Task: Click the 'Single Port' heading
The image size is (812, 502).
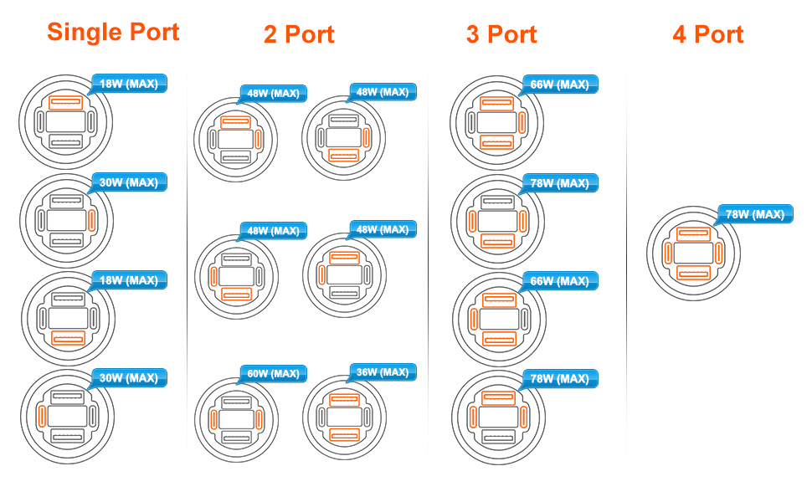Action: point(113,32)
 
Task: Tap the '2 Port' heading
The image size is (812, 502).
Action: point(299,34)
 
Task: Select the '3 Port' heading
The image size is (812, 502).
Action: point(501,34)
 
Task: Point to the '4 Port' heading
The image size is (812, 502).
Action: point(707,34)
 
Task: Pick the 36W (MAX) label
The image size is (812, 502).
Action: point(381,371)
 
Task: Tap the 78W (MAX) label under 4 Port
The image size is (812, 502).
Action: point(754,214)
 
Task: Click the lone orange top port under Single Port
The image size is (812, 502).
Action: point(65,103)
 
